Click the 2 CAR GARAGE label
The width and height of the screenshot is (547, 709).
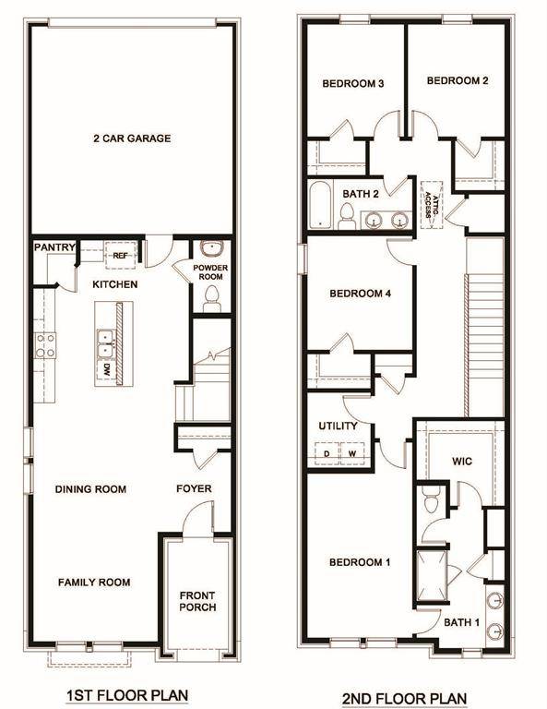click(131, 138)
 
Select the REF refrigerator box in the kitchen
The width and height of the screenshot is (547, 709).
click(120, 256)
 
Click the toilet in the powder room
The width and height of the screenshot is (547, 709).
click(211, 297)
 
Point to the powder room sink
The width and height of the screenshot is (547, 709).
click(211, 249)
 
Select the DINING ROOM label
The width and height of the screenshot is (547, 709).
click(90, 489)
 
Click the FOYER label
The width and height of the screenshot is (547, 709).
click(194, 488)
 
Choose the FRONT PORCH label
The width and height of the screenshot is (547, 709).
click(197, 600)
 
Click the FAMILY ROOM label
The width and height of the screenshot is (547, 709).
click(94, 583)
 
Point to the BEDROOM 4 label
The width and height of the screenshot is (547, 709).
click(362, 294)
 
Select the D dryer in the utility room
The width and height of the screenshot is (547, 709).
click(327, 453)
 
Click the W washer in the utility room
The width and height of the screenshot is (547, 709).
click(351, 453)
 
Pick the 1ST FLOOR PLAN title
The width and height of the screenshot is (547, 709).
click(126, 694)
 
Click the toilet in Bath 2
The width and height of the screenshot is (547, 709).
click(348, 216)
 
